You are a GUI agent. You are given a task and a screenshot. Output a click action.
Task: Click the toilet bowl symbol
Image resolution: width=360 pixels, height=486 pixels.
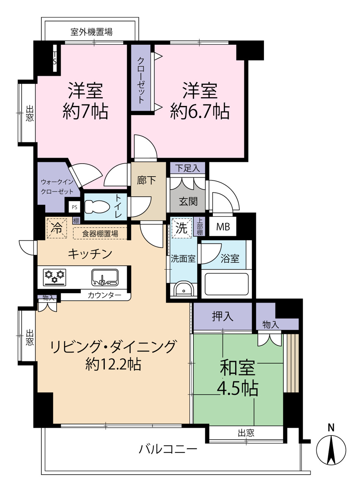click(97, 207)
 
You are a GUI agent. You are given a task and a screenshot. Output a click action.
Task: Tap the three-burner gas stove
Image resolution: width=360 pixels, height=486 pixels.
click(55, 277)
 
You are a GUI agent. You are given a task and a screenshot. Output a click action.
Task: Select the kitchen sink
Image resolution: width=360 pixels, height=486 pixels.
click(105, 277)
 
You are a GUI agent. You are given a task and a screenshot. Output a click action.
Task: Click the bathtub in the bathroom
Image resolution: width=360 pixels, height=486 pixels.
click(226, 284)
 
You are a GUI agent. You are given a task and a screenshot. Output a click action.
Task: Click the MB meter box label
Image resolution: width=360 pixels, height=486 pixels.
click(223, 227)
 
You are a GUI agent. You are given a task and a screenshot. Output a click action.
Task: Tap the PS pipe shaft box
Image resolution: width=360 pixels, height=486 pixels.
click(74, 207)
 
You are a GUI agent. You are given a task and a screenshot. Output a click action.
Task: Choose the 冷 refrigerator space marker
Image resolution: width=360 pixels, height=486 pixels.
click(57, 228)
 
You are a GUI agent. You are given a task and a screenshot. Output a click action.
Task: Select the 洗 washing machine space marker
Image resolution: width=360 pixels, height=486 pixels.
click(182, 228)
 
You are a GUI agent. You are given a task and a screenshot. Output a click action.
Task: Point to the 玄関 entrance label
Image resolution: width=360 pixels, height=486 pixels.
click(188, 201)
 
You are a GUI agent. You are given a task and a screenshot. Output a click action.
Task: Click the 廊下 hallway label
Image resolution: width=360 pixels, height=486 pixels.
click(146, 180)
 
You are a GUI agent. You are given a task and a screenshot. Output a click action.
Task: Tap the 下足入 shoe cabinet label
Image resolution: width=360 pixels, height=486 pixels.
click(188, 168)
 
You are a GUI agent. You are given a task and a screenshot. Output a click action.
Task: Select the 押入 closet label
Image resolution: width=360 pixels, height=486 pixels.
click(222, 316)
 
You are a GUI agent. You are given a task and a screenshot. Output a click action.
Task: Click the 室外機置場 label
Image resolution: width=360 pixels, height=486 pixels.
click(91, 32)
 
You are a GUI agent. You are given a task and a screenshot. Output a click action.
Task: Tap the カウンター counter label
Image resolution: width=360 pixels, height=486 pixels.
click(104, 295)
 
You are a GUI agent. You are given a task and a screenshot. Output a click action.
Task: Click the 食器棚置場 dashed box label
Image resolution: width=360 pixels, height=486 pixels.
click(100, 234)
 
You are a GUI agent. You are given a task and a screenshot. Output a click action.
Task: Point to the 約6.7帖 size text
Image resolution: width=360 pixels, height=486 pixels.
click(200, 111)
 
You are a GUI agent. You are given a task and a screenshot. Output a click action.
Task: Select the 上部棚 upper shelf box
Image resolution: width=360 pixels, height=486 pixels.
click(200, 227)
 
